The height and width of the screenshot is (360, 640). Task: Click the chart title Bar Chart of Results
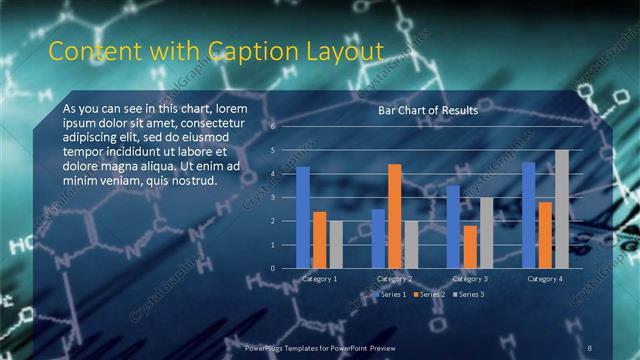pos(427,111)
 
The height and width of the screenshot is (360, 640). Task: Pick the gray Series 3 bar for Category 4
pos(562,209)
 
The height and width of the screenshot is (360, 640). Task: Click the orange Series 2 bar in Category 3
pos(470,246)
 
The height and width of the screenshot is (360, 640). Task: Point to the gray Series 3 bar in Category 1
pos(336,244)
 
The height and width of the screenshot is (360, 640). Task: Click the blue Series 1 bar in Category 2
pos(378,238)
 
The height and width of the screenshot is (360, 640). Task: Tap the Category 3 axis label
pos(470,279)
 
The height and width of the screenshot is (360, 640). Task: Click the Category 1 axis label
pos(320,279)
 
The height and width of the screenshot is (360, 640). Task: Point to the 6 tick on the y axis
pos(272,128)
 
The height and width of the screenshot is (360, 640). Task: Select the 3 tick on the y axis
pos(272,197)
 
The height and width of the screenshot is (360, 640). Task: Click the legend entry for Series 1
pos(391,296)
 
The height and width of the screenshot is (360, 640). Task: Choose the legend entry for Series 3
pos(469,296)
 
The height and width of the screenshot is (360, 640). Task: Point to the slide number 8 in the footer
pos(590,347)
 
